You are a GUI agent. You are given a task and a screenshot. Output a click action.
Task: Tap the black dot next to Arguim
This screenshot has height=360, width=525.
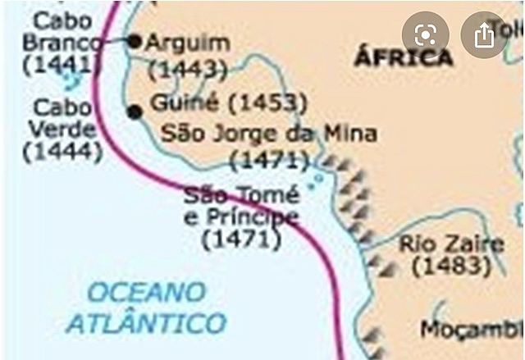pos(135,40)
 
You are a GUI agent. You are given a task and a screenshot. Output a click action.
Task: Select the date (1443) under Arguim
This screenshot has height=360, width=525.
pos(191,71)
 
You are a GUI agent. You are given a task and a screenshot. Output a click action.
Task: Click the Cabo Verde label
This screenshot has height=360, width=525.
pos(62,118)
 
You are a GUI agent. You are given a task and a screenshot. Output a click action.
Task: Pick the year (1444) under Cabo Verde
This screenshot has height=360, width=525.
pos(62,151)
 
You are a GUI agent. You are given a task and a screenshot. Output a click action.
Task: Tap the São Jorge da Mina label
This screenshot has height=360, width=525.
pos(269,134)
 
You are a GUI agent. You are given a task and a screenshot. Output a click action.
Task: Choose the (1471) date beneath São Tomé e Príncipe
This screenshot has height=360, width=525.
pos(241,239)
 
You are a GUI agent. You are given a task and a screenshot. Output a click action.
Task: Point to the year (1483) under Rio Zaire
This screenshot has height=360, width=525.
pos(451,267)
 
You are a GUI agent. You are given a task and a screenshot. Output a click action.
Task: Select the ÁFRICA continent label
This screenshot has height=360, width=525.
pos(403,57)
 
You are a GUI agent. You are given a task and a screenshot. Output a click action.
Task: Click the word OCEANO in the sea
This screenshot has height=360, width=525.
pos(147,291)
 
